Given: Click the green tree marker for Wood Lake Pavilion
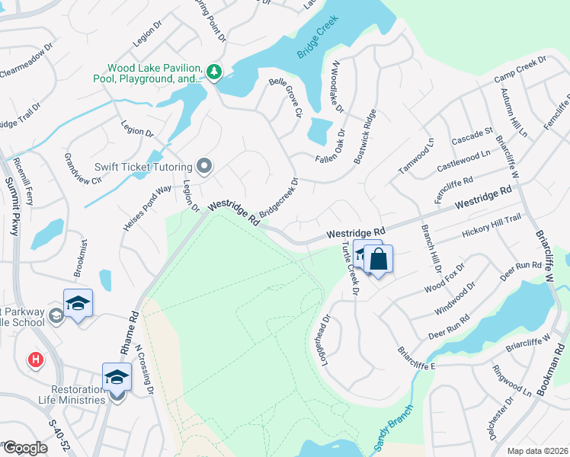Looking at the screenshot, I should [214, 72].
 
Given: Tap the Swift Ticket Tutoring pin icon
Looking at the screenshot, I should [203, 165].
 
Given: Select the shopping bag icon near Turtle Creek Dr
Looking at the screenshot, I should [379, 260].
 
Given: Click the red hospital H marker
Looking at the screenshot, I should [35, 360].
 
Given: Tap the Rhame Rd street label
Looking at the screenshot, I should [129, 333].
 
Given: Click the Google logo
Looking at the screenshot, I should [24, 448].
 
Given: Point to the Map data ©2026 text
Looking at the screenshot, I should [538, 450].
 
